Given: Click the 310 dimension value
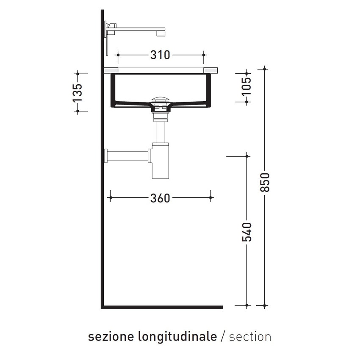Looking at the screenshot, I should coord(160,55).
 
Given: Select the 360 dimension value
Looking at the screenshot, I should coord(160,197).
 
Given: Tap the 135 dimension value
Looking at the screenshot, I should coord(77,92).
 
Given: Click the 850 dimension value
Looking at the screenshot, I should coord(265,182).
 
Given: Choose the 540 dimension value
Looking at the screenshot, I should coord(247,232).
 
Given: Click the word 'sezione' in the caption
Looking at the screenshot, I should coord(111,337).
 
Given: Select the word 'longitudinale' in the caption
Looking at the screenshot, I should coord(177,337).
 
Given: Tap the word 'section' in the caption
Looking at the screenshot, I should coord(250,337).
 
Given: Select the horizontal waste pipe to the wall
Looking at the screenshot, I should coord(127,155).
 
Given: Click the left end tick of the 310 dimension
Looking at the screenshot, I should coord(119,55).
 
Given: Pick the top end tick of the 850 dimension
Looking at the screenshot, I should coord(265,69).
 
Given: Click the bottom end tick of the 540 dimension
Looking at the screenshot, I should coord(247,305).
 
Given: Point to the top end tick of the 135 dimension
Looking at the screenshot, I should coord(77,74).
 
